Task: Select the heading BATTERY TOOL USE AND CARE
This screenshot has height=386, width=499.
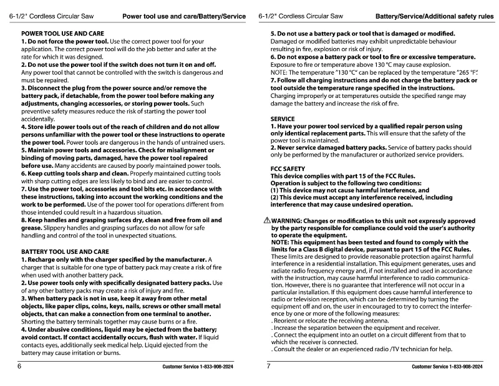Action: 65,251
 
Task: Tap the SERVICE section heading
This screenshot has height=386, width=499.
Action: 283,118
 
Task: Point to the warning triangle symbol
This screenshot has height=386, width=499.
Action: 266,220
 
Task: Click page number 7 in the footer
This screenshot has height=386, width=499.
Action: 268,366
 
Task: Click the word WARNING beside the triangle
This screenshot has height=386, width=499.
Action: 289,221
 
